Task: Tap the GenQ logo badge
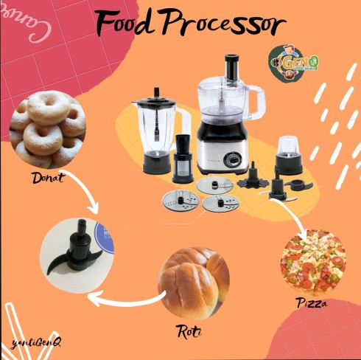click(297, 60)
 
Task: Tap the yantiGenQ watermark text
click(36, 342)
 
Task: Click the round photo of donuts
click(47, 129)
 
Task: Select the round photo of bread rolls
click(193, 279)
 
